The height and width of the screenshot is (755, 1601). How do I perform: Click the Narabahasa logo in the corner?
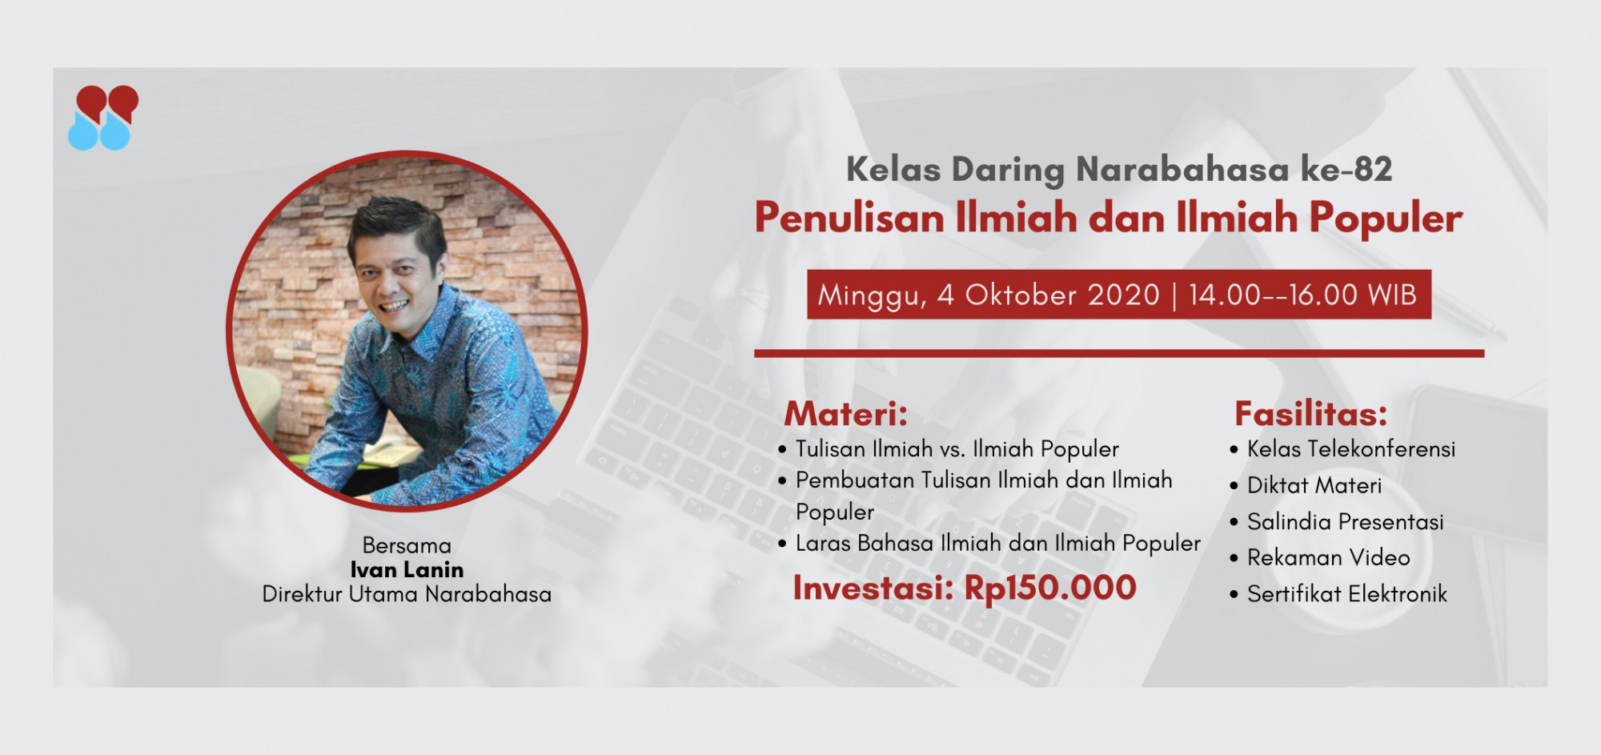(x=103, y=118)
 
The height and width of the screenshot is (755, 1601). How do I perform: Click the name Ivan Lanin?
(x=407, y=570)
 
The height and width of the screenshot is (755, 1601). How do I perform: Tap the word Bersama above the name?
(x=407, y=546)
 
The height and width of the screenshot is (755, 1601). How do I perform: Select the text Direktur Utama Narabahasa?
(x=407, y=595)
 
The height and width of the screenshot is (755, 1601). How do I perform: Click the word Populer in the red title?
(x=1386, y=218)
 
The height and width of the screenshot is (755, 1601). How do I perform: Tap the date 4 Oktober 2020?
(x=1048, y=295)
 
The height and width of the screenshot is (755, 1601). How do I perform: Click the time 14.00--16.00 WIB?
(x=1302, y=295)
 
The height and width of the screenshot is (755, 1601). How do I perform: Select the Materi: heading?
(x=846, y=414)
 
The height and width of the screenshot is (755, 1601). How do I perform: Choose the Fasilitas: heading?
(x=1311, y=414)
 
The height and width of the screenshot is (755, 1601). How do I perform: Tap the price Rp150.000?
(x=1050, y=588)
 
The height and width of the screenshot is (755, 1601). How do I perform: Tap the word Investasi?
(x=873, y=588)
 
